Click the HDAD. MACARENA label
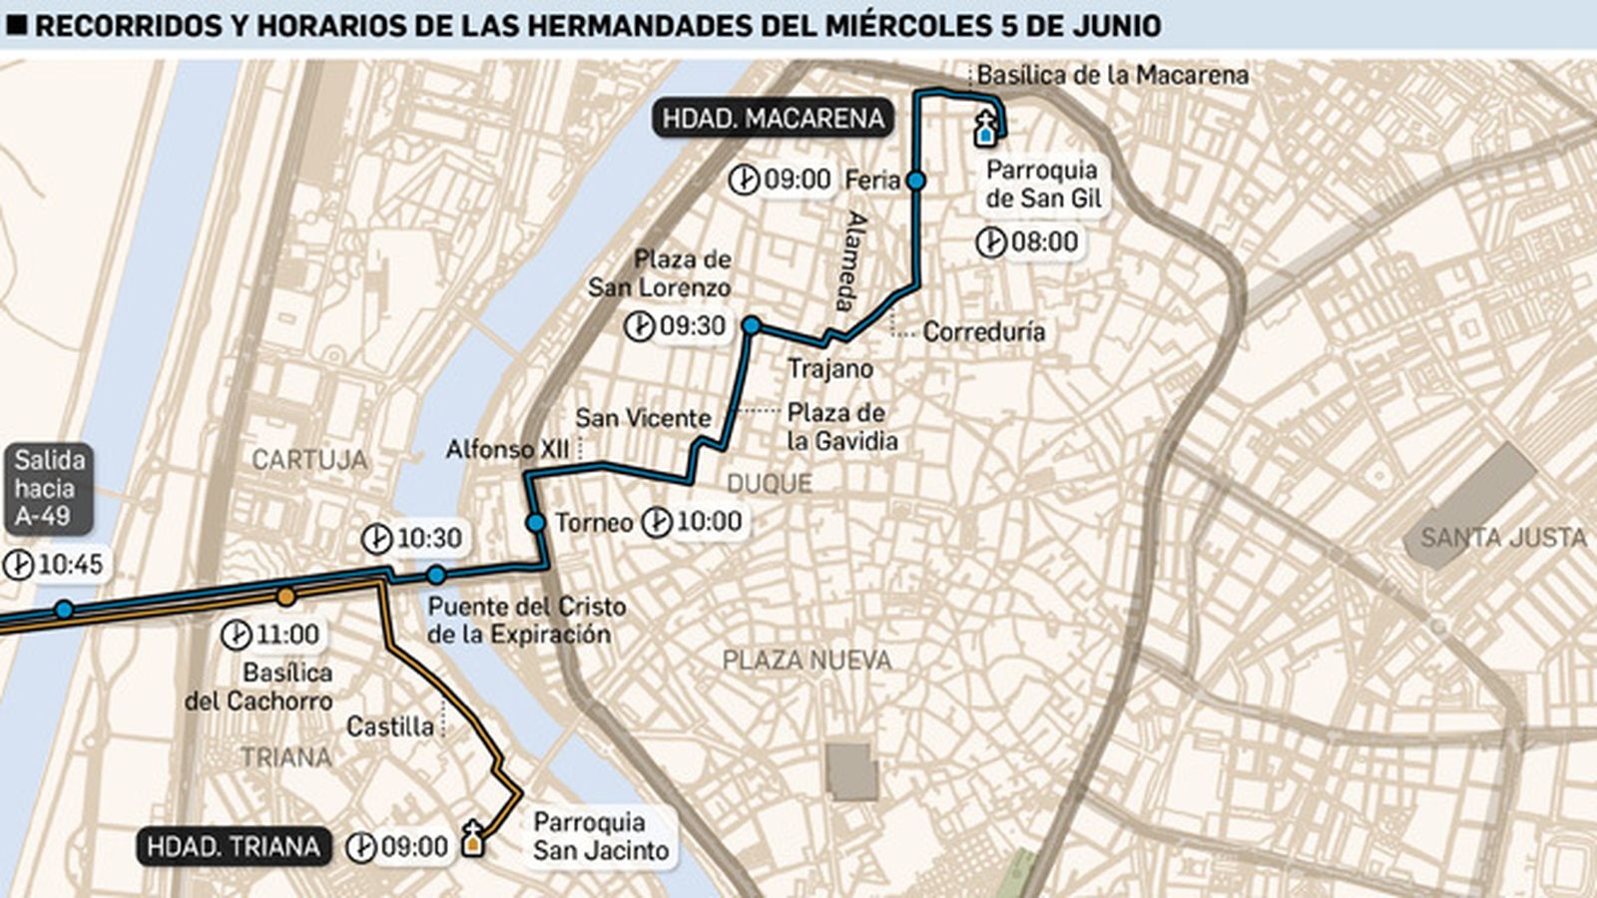point(774,119)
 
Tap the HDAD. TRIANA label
point(234,847)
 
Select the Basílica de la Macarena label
point(1112,75)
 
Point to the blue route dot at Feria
point(915,181)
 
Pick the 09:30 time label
point(692,326)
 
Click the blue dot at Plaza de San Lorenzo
point(752,325)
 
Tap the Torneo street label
point(594,522)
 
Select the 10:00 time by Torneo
point(709,521)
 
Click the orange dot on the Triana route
point(285,597)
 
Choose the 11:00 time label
point(287,634)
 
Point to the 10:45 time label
point(70,565)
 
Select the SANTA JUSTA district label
point(1502,538)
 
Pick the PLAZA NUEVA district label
point(806,660)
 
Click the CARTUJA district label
point(309,460)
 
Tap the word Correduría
point(983,331)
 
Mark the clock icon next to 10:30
point(376,539)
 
